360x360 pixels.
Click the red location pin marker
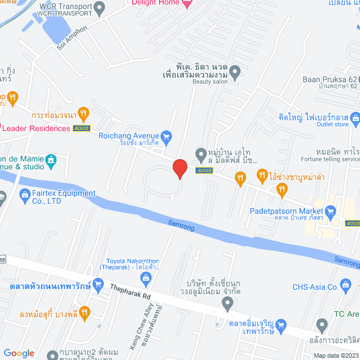pos(179,168)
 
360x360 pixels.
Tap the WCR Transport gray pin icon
pos(100,8)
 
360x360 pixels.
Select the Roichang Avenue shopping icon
pos(166,136)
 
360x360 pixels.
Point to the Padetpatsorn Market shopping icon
pos(330,211)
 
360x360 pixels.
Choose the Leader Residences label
pos(35,128)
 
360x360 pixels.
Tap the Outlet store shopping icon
pos(355,118)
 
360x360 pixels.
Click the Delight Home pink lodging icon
pos(187,3)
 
